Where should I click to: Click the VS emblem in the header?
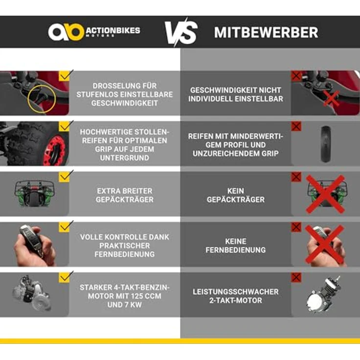180,33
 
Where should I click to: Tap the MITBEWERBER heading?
266,33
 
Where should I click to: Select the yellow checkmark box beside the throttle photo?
65,76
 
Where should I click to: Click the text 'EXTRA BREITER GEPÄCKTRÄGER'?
124,195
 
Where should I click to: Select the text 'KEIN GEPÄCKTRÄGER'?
236,195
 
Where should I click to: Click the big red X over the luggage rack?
325,194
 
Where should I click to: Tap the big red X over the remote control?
325,244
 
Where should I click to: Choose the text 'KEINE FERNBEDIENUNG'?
236,246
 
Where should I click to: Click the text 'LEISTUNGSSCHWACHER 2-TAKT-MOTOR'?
236,296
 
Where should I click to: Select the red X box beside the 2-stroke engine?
296,278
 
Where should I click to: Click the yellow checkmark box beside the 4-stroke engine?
65,277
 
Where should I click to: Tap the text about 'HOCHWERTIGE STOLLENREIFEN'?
124,145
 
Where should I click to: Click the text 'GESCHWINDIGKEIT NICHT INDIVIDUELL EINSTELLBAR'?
236,94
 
